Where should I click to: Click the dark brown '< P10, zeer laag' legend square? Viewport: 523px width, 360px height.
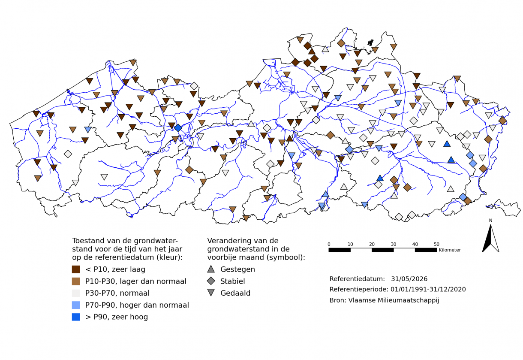tap(76, 269)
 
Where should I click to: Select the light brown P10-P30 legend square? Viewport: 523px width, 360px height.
tap(76, 281)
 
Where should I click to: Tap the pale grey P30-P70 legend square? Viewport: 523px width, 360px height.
tap(76, 293)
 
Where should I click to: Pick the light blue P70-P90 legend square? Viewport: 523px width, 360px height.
tap(76, 305)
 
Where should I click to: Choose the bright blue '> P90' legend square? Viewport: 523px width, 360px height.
tap(76, 317)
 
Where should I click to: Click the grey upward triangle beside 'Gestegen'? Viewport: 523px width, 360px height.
tap(211, 269)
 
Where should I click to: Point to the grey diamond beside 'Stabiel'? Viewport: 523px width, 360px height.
tap(211, 281)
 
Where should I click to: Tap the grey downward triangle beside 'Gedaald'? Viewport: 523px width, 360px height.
tap(211, 293)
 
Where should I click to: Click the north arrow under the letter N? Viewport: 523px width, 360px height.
tap(490, 239)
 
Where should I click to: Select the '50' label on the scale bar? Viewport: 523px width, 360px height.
tap(436, 244)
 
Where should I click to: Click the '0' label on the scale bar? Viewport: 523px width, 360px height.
tap(329, 244)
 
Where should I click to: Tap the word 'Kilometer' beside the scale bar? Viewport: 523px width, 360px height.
tap(450, 250)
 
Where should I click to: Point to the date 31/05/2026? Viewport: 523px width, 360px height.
tap(409, 279)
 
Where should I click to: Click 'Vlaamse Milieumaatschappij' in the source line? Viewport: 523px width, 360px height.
tap(394, 300)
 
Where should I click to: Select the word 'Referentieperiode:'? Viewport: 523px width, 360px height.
tap(359, 289)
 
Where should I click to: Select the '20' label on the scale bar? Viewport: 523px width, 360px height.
tap(372, 244)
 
